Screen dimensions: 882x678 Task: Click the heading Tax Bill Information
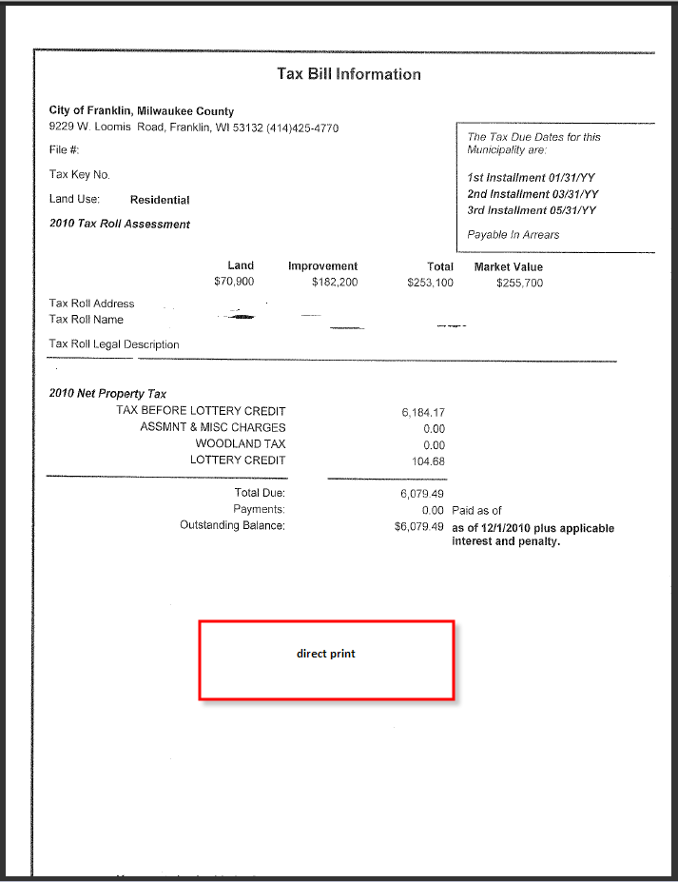[x=348, y=74]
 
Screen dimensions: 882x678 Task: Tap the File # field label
[x=64, y=150]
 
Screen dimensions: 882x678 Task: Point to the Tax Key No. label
[x=80, y=175]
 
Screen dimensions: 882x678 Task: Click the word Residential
[x=160, y=201]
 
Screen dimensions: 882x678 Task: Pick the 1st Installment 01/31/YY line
[x=532, y=178]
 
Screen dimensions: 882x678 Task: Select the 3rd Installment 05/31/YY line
[x=532, y=210]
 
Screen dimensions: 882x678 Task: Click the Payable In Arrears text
[x=513, y=235]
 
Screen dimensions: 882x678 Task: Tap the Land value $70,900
[x=234, y=283]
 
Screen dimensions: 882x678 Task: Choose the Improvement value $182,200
[x=335, y=283]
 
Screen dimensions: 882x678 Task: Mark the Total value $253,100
[x=430, y=283]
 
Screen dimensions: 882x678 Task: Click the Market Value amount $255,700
[x=519, y=283]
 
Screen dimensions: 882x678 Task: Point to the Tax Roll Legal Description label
[x=114, y=344]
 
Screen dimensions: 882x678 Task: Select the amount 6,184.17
[x=423, y=413]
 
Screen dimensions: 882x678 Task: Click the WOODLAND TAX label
[x=241, y=444]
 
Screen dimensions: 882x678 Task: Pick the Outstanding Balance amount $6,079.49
[x=419, y=527]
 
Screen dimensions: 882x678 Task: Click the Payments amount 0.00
[x=433, y=511]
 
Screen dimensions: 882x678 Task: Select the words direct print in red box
[x=325, y=654]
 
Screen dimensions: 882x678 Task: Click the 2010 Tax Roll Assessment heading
[x=120, y=225]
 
